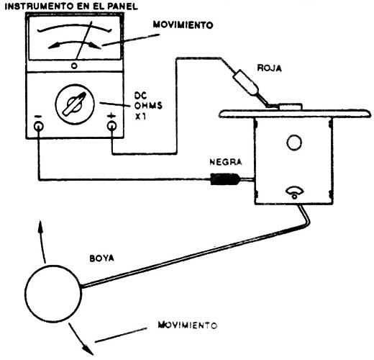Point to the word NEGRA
click(x=224, y=163)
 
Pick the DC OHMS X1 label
click(x=147, y=105)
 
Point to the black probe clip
click(x=224, y=179)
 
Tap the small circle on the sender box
click(x=293, y=142)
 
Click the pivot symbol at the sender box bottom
click(x=293, y=191)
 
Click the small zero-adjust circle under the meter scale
click(x=74, y=66)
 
